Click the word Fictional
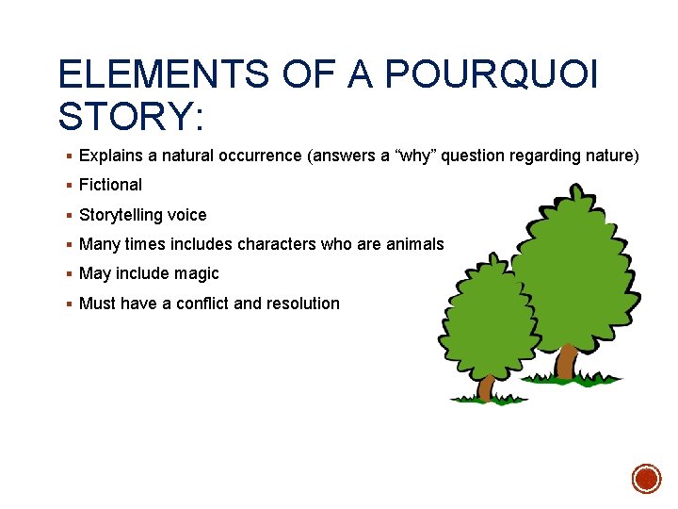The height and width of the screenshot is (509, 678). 110,185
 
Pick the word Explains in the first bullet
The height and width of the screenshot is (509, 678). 110,156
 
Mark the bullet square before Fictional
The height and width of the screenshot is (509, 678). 71,186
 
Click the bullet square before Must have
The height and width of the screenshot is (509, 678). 71,304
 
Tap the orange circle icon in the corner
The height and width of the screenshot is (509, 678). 646,478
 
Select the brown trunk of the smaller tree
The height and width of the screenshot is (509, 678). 487,386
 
